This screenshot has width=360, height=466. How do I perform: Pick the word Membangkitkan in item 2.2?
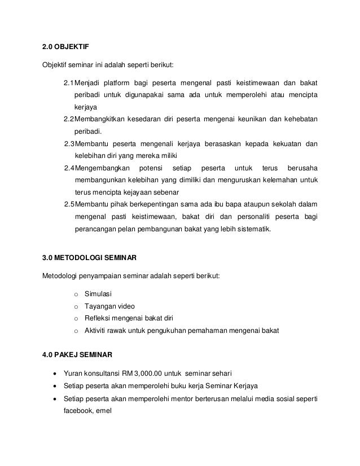pos(100,120)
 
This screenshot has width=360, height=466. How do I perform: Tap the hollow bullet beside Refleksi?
pos(75,318)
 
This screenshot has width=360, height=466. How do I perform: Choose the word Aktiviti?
pos(96,330)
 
